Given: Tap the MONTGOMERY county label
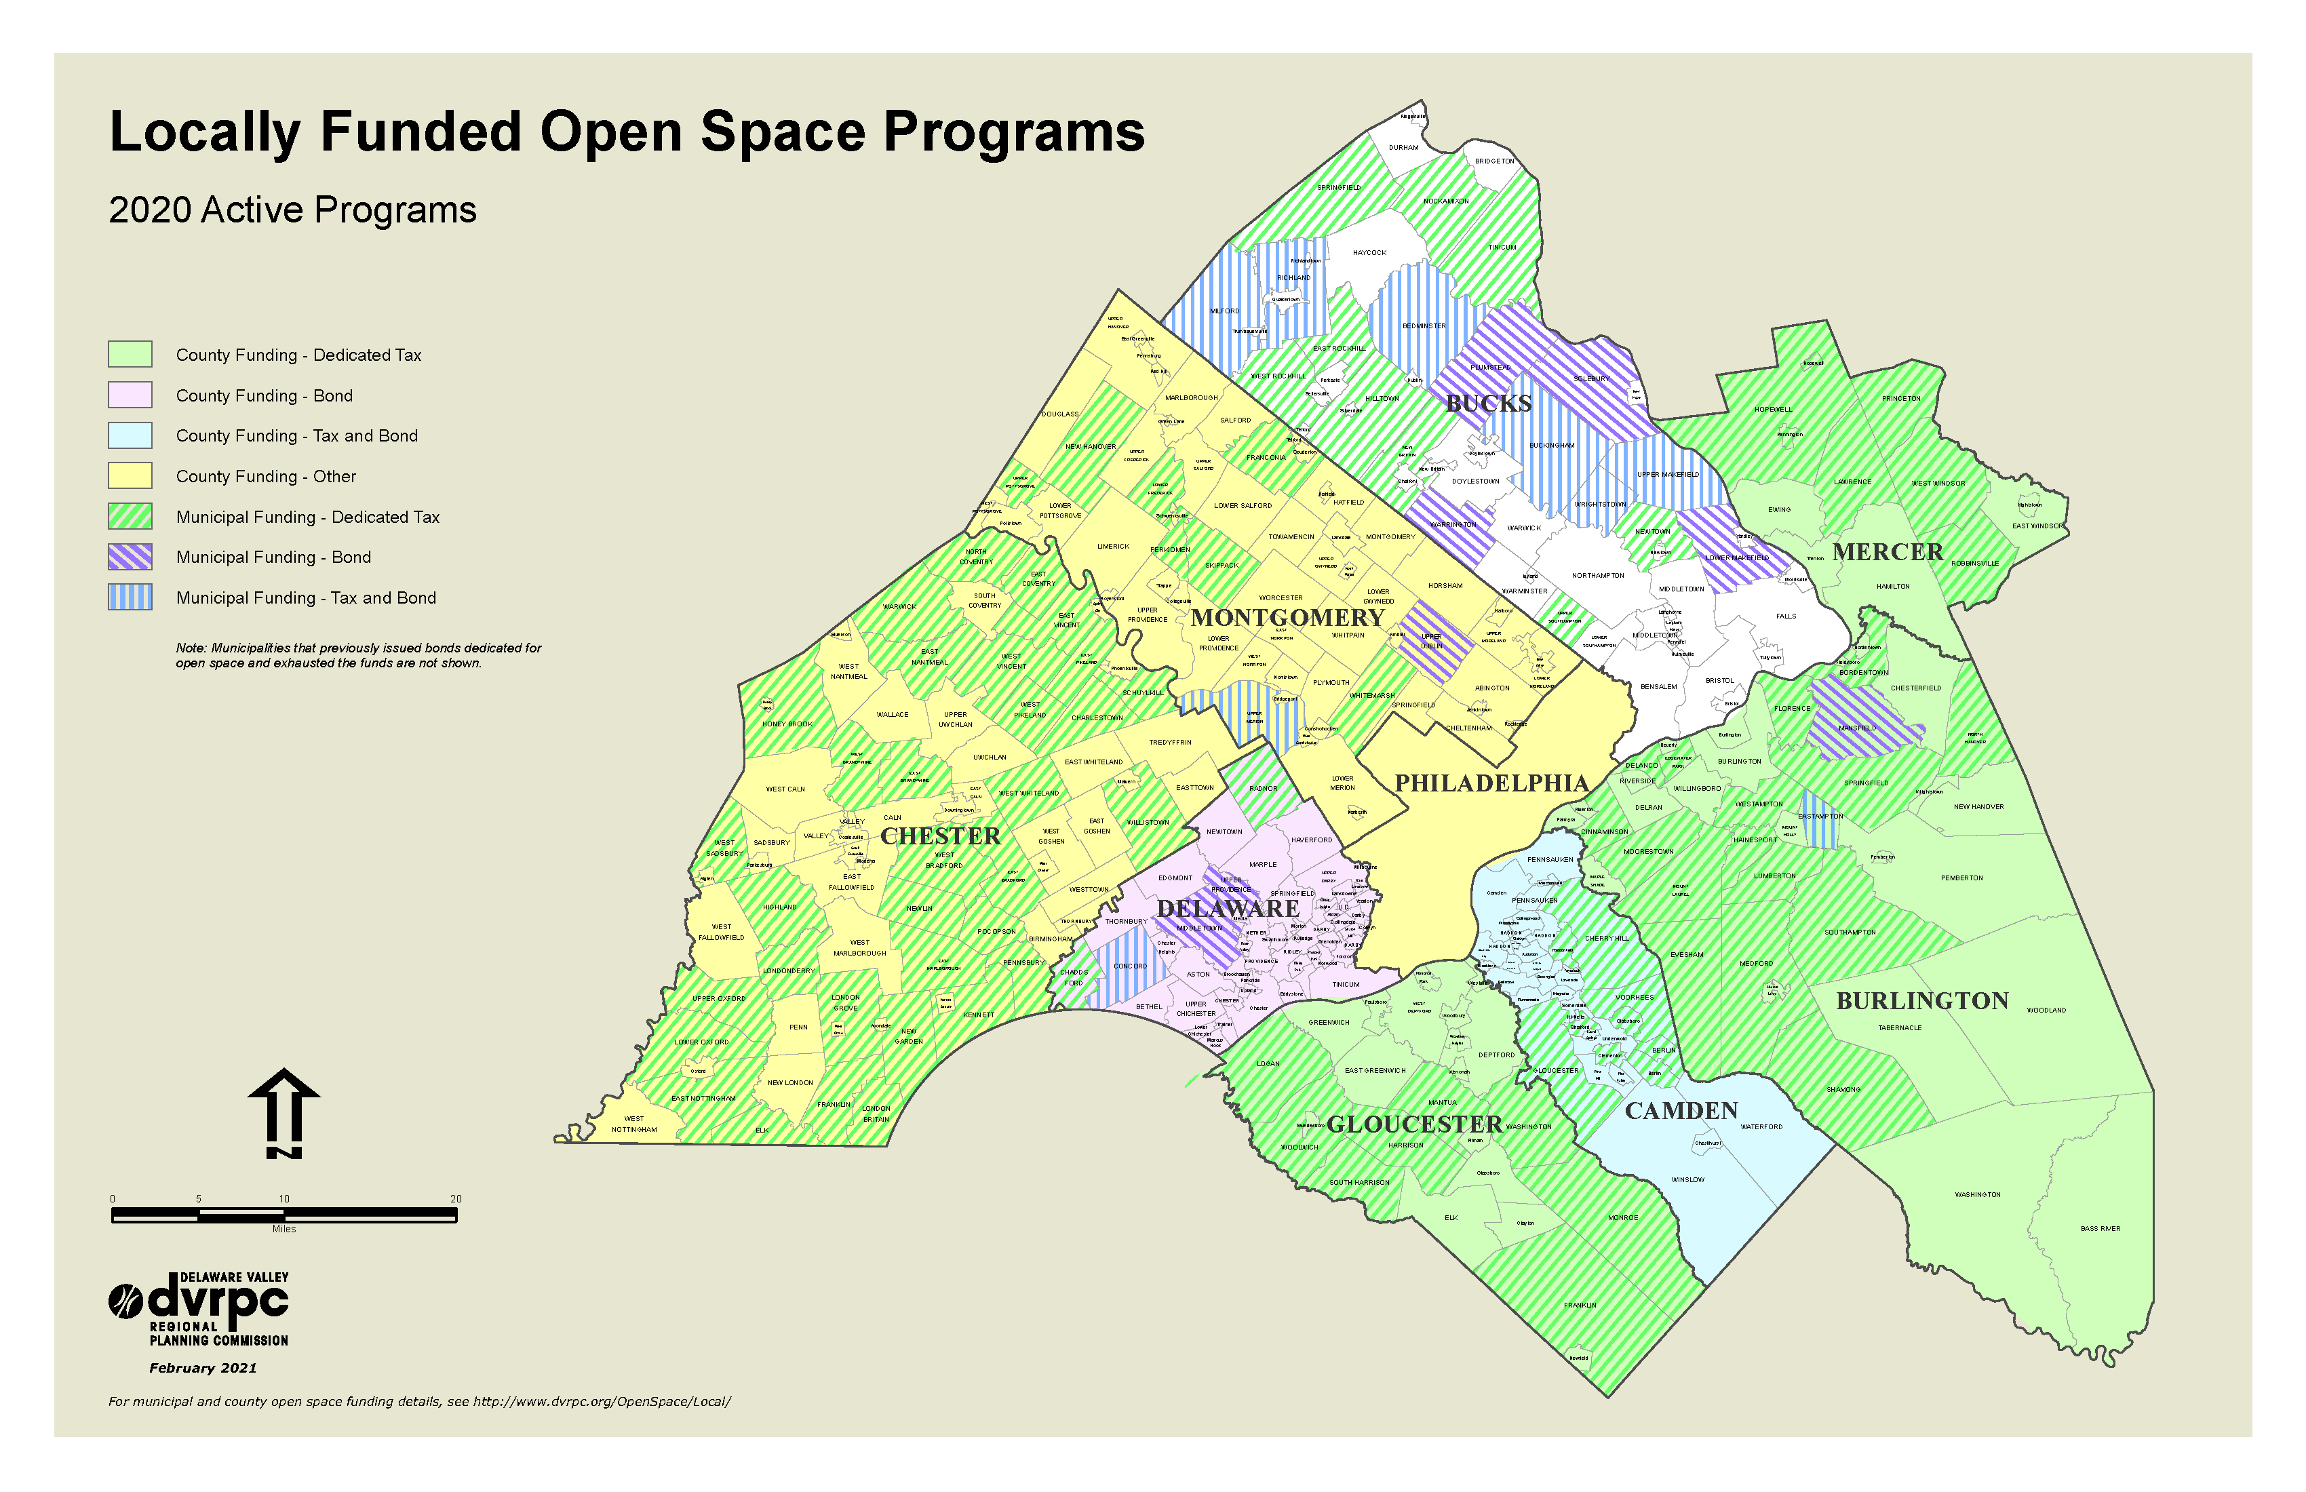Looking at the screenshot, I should point(1288,617).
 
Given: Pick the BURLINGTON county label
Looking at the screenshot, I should point(1922,1001).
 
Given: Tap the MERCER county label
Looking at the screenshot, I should point(1888,552).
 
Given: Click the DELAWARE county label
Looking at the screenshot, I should point(1228,909).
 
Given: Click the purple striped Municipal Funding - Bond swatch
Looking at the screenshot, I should point(130,557).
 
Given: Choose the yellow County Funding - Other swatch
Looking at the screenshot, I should point(130,475).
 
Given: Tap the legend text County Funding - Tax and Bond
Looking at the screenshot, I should point(296,436).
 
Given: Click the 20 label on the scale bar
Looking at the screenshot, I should point(455,1198).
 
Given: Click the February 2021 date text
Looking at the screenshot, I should point(203,1368).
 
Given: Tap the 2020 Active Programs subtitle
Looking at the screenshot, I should point(292,210).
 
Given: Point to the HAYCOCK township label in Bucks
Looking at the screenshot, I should point(1369,253).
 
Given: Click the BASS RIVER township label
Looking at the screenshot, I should point(2100,1228).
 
